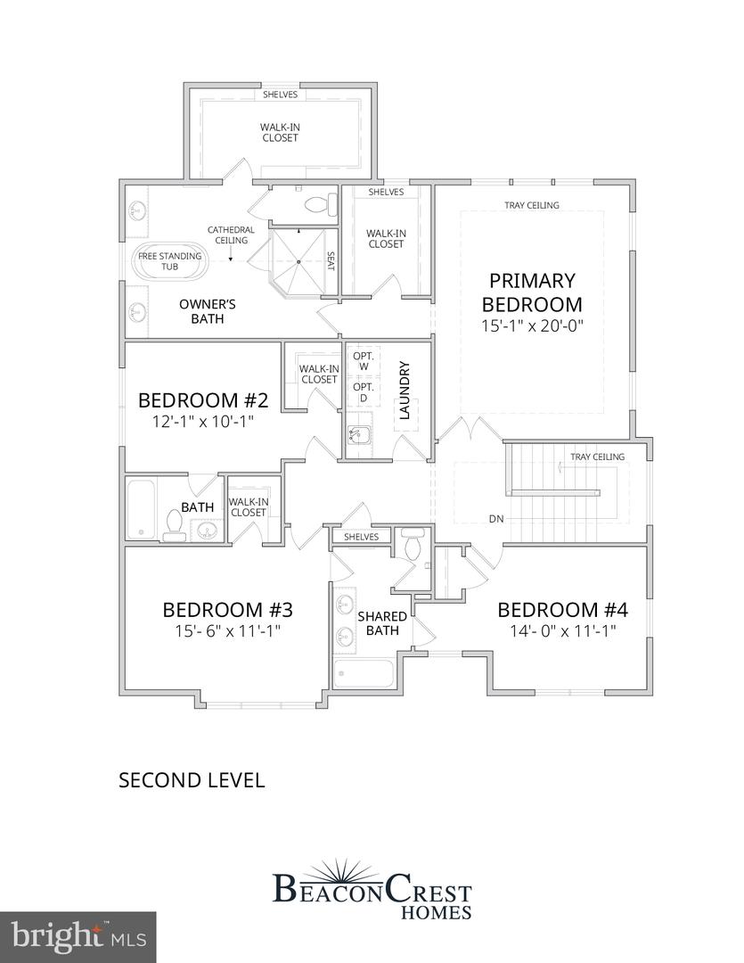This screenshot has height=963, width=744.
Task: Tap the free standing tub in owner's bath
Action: click(170, 262)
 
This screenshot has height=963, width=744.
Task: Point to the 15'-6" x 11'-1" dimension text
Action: click(228, 631)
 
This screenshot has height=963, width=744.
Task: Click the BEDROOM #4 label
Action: click(562, 610)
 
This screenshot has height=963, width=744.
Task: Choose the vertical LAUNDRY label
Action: click(405, 391)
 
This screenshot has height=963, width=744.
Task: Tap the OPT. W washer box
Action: click(363, 361)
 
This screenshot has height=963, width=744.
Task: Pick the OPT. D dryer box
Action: click(363, 392)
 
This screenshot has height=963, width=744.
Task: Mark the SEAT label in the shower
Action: click(331, 261)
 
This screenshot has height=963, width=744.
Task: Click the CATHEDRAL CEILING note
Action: click(231, 235)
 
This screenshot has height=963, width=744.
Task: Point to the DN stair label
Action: click(497, 518)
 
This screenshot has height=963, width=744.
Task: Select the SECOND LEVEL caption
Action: click(192, 780)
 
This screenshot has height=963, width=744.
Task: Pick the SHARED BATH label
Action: click(382, 623)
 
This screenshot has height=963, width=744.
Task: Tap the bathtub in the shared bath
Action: click(364, 673)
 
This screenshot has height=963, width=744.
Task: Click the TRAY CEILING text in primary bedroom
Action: click(532, 205)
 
